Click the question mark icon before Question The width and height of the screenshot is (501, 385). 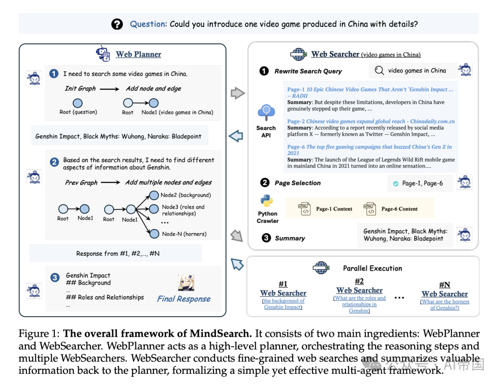(117, 24)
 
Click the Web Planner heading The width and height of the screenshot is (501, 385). (138, 54)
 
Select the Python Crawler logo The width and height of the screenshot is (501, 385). (266, 201)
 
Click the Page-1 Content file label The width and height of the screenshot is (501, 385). (334, 209)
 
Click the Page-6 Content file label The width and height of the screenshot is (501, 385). (399, 209)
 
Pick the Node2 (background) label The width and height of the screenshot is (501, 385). (186, 195)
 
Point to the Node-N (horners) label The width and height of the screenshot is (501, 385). (184, 234)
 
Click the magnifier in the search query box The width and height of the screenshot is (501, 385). (379, 71)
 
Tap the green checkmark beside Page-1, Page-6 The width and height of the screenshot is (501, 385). (395, 183)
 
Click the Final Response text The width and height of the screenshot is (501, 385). (184, 299)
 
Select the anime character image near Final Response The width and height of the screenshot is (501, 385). (186, 282)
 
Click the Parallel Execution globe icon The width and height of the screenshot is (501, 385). (321, 268)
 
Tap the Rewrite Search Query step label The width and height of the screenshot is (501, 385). (308, 71)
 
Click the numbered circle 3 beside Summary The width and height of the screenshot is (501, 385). (266, 238)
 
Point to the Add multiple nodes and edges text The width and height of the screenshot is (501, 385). (168, 183)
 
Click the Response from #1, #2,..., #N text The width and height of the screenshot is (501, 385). (118, 254)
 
